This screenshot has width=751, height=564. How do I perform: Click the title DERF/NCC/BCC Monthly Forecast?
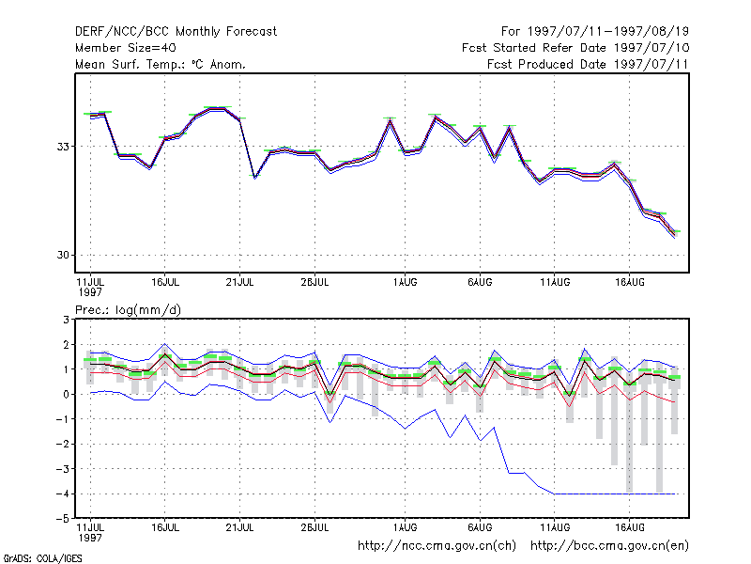176,32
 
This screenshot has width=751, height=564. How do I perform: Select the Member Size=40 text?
126,48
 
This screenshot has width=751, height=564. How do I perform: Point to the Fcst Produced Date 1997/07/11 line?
588,64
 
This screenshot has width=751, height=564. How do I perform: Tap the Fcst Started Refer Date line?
575,48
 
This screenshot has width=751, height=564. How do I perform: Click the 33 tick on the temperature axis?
63,147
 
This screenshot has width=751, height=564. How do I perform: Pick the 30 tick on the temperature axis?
63,255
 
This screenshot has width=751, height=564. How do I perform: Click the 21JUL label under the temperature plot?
239,283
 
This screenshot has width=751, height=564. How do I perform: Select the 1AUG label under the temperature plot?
406,283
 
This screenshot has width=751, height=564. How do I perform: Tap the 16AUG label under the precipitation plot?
630,527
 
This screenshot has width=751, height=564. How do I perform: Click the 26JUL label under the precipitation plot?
314,527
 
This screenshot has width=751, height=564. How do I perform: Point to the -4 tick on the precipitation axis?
63,493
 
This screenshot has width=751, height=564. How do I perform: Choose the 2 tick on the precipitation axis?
66,344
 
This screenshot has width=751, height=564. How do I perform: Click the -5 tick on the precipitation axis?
63,519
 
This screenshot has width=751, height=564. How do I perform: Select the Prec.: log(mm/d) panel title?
129,310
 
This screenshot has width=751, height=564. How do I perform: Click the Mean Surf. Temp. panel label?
161,64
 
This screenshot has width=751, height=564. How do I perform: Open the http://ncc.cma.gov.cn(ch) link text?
437,546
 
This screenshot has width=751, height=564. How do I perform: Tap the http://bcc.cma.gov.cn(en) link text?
609,546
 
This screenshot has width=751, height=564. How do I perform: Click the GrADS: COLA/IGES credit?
42,558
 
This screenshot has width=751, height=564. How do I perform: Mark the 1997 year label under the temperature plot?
90,292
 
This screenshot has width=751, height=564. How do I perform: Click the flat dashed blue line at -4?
615,493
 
